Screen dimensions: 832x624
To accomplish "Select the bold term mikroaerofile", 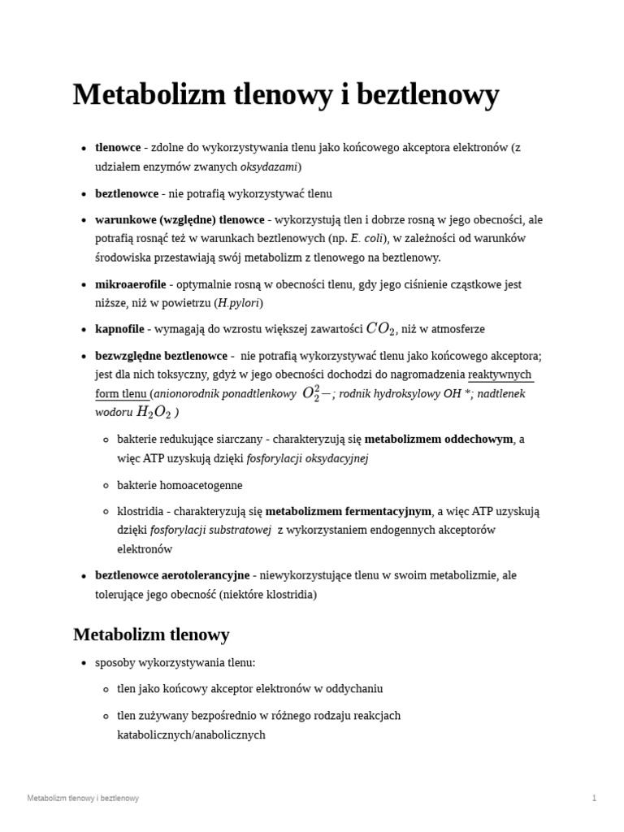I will (130, 284).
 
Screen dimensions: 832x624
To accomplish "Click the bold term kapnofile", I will (118, 329).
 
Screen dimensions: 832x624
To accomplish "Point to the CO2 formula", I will (381, 329).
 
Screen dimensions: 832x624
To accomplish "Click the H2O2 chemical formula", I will (154, 412).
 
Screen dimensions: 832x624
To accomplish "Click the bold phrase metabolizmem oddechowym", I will (439, 440).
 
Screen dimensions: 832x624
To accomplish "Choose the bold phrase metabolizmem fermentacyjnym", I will (349, 511).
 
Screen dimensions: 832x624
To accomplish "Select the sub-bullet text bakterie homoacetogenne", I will (180, 485).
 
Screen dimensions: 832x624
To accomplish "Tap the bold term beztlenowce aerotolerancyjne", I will (172, 575).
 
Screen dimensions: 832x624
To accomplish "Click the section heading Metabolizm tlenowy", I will (151, 635).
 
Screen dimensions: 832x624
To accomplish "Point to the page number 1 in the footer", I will (594, 798).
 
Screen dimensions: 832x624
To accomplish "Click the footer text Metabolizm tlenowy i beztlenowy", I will (83, 798).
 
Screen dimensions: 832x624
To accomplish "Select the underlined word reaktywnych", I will (500, 375).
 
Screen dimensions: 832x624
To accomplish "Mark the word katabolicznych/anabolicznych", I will (191, 734).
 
